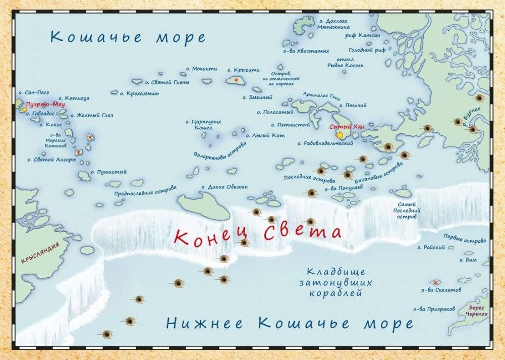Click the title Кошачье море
coord(128,37)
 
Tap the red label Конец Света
coord(257,234)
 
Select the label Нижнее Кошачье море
coord(290,323)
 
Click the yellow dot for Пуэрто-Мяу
coord(24,110)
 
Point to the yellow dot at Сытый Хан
coord(340,135)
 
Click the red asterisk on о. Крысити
coord(236,80)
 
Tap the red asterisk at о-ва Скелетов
coord(435,282)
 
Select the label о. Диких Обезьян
coord(225,187)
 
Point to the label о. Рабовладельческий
coord(325,143)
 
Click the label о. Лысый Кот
coord(265,135)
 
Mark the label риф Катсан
coord(369,35)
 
